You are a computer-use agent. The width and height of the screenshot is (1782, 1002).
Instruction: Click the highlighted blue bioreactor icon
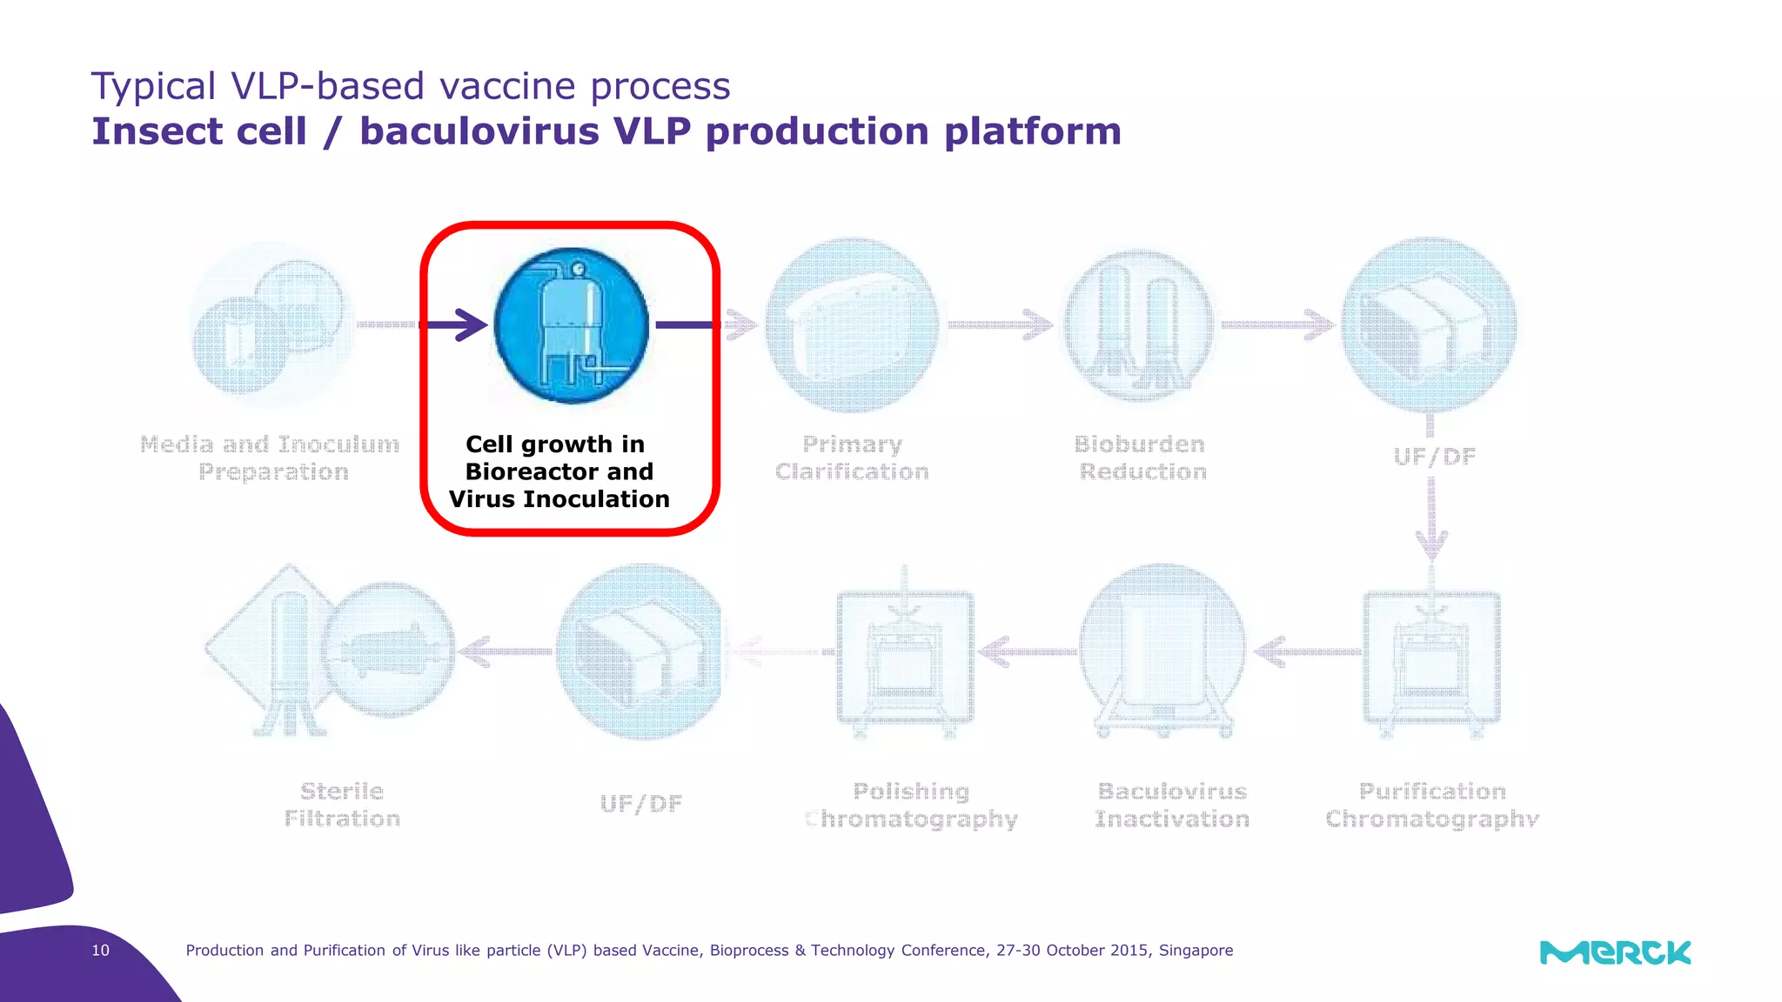[571, 325]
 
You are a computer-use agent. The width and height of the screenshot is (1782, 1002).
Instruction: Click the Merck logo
[1615, 952]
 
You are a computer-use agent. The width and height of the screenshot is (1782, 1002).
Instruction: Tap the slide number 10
[101, 951]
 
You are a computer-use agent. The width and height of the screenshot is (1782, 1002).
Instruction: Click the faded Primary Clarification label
[852, 458]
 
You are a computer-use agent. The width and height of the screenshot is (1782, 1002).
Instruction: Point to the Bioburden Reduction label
[1142, 458]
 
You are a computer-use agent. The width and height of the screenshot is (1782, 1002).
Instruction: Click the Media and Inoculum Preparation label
[271, 458]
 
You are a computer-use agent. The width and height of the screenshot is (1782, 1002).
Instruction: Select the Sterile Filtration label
[342, 805]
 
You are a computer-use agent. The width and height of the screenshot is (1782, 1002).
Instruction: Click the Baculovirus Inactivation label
[1172, 805]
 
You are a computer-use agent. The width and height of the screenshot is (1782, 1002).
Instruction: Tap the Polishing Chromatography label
[911, 805]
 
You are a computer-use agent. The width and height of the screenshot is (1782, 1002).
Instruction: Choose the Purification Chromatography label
[1432, 805]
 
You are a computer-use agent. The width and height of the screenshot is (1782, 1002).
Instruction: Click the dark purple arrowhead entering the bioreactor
[472, 325]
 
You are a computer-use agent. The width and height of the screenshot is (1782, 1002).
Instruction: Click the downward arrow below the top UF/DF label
[1431, 522]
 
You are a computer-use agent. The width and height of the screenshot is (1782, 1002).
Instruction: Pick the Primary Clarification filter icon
[852, 325]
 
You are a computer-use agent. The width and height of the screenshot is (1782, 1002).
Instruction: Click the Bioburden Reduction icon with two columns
[1139, 325]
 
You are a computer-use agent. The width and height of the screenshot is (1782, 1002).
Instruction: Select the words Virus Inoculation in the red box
[559, 499]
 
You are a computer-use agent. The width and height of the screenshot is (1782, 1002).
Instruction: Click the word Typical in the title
[153, 87]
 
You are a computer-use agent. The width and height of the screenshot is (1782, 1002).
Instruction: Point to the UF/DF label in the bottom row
[641, 804]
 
